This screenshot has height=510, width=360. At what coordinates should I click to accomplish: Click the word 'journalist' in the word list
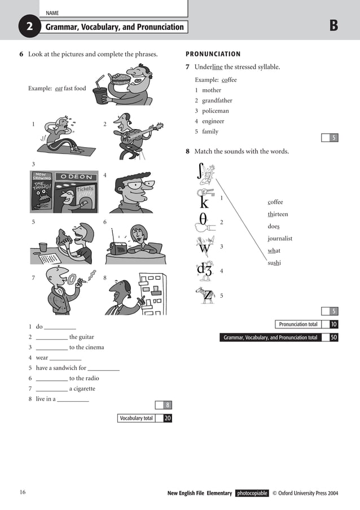[280, 239]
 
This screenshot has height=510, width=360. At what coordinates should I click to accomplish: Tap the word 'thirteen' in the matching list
[278, 214]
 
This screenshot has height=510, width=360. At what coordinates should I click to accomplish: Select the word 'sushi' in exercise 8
[274, 263]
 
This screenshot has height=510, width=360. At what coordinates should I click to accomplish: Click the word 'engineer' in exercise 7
[213, 121]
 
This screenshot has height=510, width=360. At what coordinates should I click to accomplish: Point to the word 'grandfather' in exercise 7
[217, 100]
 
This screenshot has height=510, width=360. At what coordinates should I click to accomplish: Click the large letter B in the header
[333, 26]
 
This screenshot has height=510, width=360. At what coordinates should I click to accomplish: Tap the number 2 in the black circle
[29, 27]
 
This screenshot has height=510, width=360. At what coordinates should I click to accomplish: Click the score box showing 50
[334, 337]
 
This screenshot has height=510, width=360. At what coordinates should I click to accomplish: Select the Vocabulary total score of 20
[168, 418]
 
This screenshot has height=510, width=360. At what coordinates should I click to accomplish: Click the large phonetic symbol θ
[203, 220]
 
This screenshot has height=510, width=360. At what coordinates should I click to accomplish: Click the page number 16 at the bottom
[23, 493]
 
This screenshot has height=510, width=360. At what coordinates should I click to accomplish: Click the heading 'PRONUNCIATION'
[213, 54]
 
